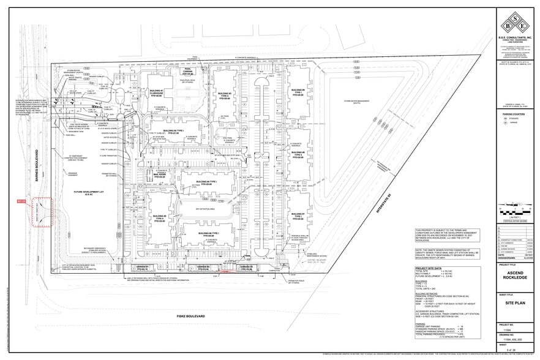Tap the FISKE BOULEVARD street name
pyautogui.click(x=190, y=317)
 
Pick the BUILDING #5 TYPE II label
pyautogui.click(x=159, y=217)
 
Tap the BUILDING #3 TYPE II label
pyautogui.click(x=225, y=95)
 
